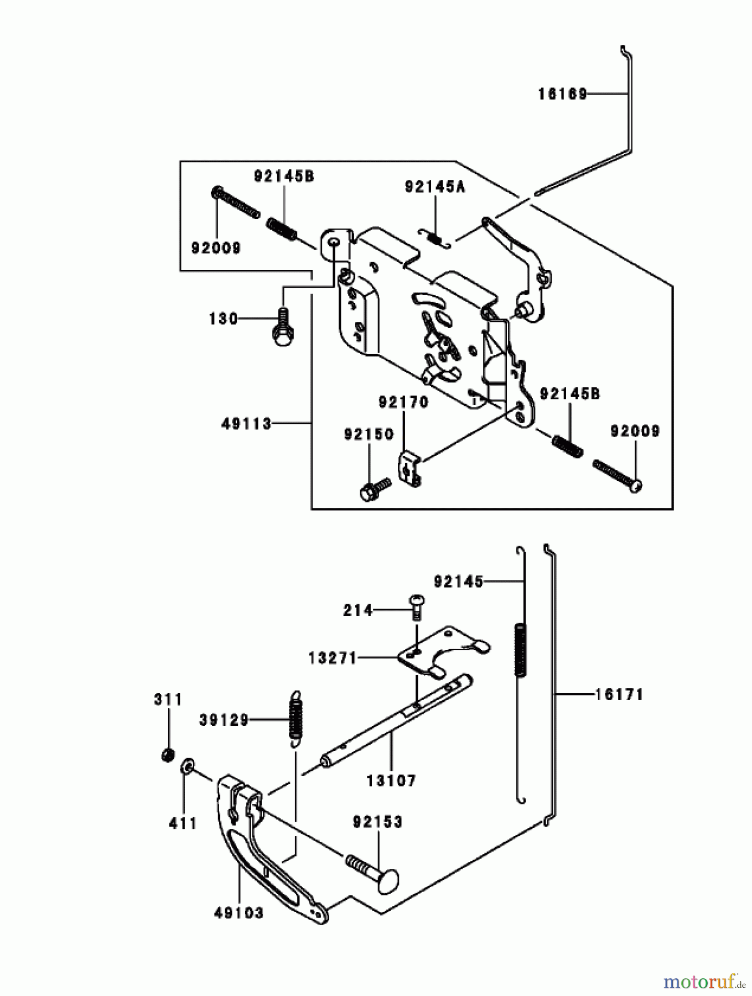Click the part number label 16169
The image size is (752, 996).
click(x=562, y=94)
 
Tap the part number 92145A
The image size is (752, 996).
click(x=435, y=188)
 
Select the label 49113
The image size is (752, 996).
click(x=246, y=424)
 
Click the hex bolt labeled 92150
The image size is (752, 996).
click(x=375, y=489)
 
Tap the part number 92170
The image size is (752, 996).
click(x=403, y=402)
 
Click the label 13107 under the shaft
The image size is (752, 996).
click(x=391, y=781)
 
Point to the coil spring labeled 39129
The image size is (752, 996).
click(x=297, y=718)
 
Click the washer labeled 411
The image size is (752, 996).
click(x=188, y=766)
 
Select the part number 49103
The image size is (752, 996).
click(x=238, y=912)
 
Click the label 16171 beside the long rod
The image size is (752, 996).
click(x=619, y=694)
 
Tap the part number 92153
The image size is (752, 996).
click(x=377, y=822)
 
